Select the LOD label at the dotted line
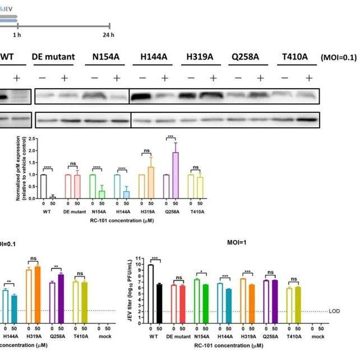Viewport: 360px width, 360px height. (x=335, y=311)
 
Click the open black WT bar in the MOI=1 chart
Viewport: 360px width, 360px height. (x=150, y=292)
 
